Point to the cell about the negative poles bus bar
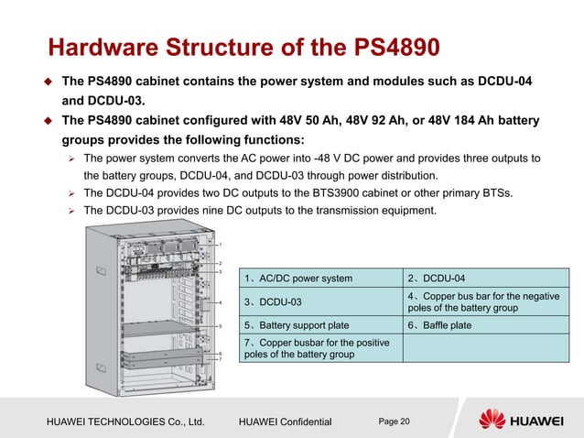(482, 301)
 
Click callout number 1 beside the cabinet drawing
(220, 246)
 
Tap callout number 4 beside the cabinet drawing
(220, 301)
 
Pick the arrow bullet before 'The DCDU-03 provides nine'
(72, 211)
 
